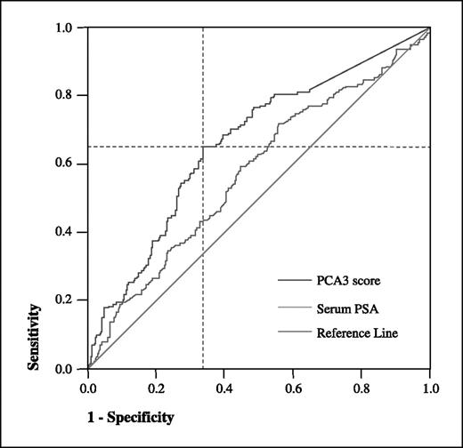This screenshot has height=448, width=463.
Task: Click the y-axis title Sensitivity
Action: (x=37, y=337)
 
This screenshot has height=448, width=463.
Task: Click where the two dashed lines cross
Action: (x=203, y=147)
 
